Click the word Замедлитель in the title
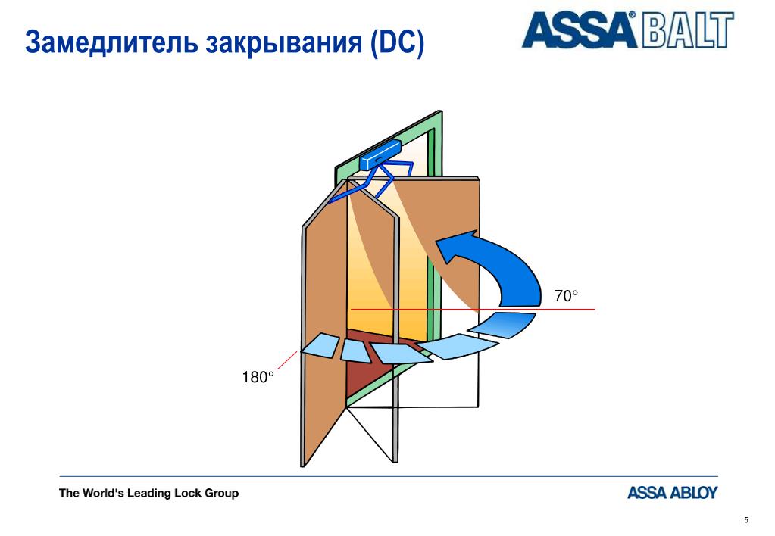(112, 42)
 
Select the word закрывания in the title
(284, 43)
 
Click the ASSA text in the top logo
(577, 30)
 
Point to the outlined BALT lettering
(688, 30)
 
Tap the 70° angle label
(566, 296)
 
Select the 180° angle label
(258, 378)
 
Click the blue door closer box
(380, 154)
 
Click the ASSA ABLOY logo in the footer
(672, 493)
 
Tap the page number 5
(746, 520)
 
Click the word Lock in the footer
(189, 493)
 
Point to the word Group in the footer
(221, 494)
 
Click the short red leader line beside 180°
(287, 360)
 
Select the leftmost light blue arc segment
(320, 344)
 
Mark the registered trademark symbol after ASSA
(632, 15)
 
